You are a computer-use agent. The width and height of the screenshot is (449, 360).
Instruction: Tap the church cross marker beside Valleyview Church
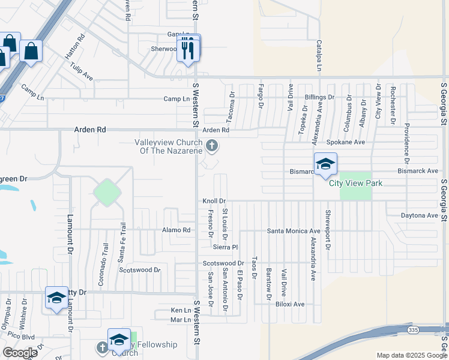pos(211,145)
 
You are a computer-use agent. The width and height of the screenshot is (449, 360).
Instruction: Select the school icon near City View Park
pos(325,164)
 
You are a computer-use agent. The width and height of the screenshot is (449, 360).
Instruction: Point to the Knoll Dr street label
pos(214,201)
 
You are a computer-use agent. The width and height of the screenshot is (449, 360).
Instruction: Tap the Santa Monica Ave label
pos(294,231)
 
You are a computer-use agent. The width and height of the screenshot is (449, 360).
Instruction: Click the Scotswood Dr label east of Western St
pos(223,263)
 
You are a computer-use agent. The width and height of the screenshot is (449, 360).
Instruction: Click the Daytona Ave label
pos(420,215)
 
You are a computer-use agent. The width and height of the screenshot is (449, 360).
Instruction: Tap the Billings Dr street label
pos(319,97)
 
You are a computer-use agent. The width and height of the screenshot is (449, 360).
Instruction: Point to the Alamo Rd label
pos(176,230)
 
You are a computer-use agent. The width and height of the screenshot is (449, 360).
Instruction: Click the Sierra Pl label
pos(226,247)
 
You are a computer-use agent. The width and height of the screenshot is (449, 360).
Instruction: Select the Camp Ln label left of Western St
pos(176,98)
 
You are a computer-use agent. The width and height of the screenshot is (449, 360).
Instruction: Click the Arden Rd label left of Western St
pos(89,129)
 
